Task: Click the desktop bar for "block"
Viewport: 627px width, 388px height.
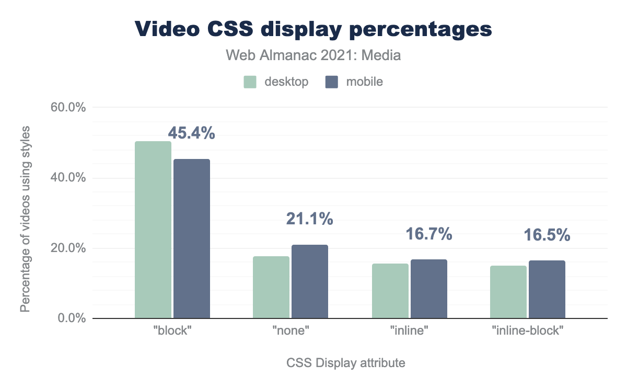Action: (x=153, y=230)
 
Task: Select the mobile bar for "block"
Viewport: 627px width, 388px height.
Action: (x=192, y=238)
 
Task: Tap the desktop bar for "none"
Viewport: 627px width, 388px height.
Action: (x=271, y=287)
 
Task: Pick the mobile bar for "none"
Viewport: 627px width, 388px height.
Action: (x=310, y=281)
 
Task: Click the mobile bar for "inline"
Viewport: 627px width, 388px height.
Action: (x=429, y=289)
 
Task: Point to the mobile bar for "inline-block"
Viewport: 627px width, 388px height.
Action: (x=547, y=289)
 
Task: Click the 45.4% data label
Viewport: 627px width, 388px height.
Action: (x=191, y=133)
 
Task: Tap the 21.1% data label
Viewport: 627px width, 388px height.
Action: (x=309, y=219)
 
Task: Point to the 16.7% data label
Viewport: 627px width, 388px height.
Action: (x=428, y=234)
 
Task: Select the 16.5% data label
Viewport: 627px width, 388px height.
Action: (x=547, y=235)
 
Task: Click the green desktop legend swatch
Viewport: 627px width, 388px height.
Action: (x=250, y=82)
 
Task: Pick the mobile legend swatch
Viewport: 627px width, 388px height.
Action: (x=332, y=82)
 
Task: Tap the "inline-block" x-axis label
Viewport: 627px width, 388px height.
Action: (x=528, y=332)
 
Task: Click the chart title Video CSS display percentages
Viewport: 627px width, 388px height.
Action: (x=313, y=29)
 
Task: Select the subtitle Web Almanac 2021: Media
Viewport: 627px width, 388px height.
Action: (x=313, y=55)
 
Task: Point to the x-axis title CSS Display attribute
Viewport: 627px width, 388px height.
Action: (x=346, y=362)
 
